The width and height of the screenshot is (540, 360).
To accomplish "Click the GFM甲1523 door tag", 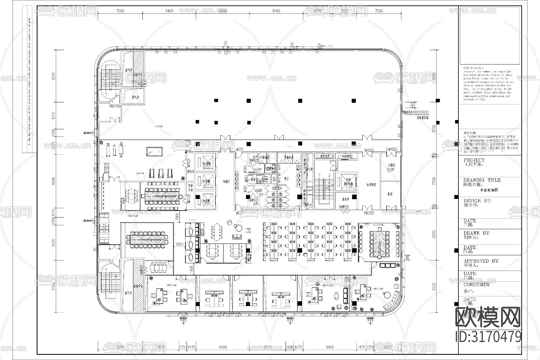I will [391, 149].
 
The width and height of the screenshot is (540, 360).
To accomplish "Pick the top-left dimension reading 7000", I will [120, 11].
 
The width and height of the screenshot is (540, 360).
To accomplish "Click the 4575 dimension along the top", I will [317, 11].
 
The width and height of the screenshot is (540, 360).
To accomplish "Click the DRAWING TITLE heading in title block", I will [482, 180].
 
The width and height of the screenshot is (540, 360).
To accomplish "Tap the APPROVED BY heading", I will [481, 261].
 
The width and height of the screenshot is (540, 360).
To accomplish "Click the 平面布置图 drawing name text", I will [489, 190].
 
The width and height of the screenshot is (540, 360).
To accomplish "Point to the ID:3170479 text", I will [488, 337].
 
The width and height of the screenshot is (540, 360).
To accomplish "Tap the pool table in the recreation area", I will [154, 151].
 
